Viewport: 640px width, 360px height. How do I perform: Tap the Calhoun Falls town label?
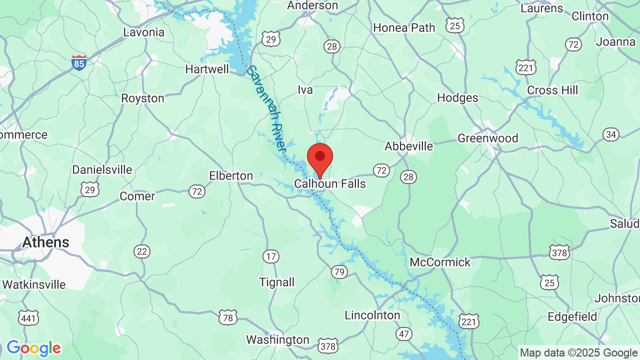pos(330,184)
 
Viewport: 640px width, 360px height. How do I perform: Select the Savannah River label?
pos(267,109)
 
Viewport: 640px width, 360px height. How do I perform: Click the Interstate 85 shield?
pos(78,62)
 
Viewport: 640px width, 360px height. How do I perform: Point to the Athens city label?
pos(45,242)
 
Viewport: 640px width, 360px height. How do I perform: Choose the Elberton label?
pos(231,176)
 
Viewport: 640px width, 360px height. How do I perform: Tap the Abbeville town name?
pos(408,146)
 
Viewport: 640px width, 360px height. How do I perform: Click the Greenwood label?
pos(487,138)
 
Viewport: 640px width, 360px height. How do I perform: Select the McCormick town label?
pos(440,262)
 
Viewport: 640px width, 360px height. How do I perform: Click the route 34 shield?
pos(610,134)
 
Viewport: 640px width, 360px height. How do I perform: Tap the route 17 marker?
pos(270,257)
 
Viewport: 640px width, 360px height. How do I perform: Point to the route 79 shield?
pos(339,272)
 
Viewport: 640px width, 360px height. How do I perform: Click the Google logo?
pos(33,348)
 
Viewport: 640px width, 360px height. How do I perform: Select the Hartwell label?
pos(207,69)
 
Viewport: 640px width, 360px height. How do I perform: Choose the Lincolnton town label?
pos(372,315)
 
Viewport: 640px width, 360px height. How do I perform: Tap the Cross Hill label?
pos(552,90)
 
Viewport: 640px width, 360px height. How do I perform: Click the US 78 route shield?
pos(227,317)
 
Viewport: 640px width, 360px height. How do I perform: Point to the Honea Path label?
pos(404,28)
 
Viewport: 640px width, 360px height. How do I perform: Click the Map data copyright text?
pos(578,353)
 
